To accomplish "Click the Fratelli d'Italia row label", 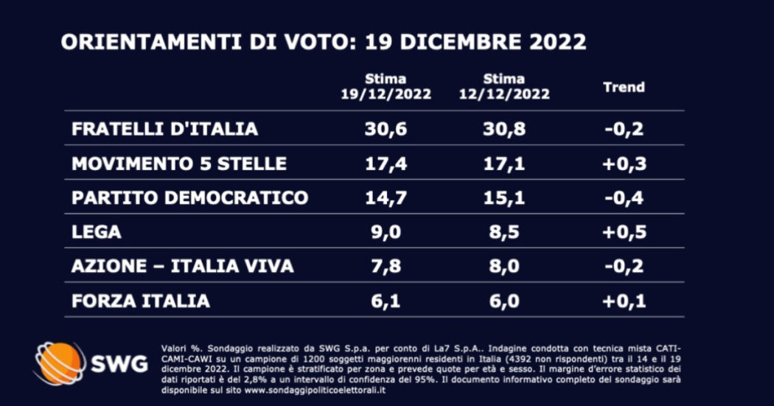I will point(164,129).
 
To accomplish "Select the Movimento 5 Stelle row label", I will point(178,164).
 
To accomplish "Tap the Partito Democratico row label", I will point(189,197).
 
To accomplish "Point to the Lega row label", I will point(96,232).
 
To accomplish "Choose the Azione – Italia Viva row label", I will point(182,266).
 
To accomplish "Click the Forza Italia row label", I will point(140,301).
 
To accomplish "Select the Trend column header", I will point(624,87).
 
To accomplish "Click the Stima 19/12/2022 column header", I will point(386,87).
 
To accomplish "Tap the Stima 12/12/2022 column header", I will point(505,87).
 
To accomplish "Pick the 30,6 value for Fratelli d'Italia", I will point(386,129).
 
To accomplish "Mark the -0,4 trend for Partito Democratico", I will point(624,197).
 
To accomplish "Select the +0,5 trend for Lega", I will point(624,232).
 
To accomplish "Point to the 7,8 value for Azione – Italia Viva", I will point(386,266).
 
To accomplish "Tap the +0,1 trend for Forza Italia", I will point(624,301).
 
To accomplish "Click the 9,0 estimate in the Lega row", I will point(386,232).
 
